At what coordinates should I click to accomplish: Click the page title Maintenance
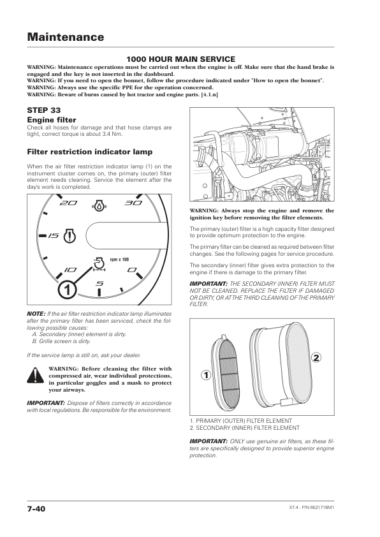[x=66, y=36]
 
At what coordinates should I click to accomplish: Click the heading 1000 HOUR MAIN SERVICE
[x=181, y=59]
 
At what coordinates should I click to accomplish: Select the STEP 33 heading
[x=44, y=110]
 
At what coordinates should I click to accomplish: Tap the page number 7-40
[x=36, y=509]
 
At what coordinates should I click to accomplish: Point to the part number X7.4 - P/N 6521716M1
[x=311, y=507]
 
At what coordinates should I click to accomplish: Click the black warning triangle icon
[x=35, y=375]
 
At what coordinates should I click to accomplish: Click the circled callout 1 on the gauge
[x=67, y=290]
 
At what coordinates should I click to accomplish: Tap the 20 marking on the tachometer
[x=68, y=203]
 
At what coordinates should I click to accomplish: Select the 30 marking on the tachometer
[x=133, y=203]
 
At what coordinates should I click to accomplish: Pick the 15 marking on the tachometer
[x=54, y=235]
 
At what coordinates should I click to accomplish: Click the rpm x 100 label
[x=119, y=260]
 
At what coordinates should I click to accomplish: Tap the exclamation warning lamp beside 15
[x=70, y=235]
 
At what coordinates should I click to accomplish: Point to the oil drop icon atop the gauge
[x=99, y=205]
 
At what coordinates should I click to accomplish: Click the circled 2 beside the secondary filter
[x=316, y=358]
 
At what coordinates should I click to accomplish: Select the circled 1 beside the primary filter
[x=206, y=376]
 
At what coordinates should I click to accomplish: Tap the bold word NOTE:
[x=36, y=314]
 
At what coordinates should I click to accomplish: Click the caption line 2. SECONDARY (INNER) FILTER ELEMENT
[x=245, y=428]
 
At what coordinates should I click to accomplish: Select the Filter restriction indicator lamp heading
[x=90, y=152]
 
